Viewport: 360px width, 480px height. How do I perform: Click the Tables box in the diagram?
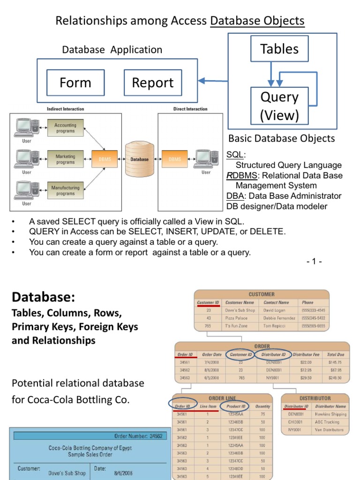(279, 49)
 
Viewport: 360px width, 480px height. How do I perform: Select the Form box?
(75, 83)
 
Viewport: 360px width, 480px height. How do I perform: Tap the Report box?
(152, 83)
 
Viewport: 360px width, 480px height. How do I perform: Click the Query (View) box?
(279, 106)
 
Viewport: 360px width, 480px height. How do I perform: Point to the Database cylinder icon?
(139, 159)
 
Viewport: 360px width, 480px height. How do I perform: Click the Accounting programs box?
(65, 128)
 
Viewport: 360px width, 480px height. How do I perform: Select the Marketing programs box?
(65, 159)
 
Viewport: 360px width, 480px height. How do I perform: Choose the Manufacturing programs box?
(65, 190)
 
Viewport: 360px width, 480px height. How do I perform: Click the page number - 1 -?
(314, 262)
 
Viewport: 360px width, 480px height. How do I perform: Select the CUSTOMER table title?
(262, 294)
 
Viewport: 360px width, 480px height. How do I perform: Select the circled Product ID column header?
(236, 406)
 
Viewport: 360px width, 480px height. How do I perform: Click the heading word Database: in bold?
(43, 297)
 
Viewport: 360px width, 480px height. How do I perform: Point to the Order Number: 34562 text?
(138, 436)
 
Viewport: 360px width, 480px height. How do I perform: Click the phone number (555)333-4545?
(314, 310)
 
